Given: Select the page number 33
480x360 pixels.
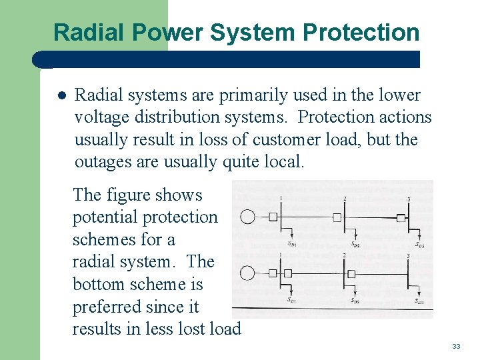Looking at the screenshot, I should click(x=456, y=346).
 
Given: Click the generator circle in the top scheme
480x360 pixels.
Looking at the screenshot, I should click(x=247, y=217).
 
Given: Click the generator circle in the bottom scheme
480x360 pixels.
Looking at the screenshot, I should click(x=247, y=273).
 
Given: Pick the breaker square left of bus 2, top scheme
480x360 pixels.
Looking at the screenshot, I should click(x=337, y=217).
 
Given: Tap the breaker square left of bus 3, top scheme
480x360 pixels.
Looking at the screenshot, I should click(x=401, y=217).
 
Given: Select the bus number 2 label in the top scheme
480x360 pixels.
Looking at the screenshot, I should click(x=345, y=199).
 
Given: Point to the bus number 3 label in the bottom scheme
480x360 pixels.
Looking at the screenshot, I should click(x=408, y=256).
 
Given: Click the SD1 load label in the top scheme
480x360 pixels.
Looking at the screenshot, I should click(x=292, y=244).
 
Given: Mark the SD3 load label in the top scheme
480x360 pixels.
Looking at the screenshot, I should click(x=419, y=245).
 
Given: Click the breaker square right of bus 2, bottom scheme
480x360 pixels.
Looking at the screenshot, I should click(x=351, y=273).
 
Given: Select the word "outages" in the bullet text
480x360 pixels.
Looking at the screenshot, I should click(x=100, y=162).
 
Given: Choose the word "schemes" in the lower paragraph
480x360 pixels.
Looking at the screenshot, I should click(x=104, y=239).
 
